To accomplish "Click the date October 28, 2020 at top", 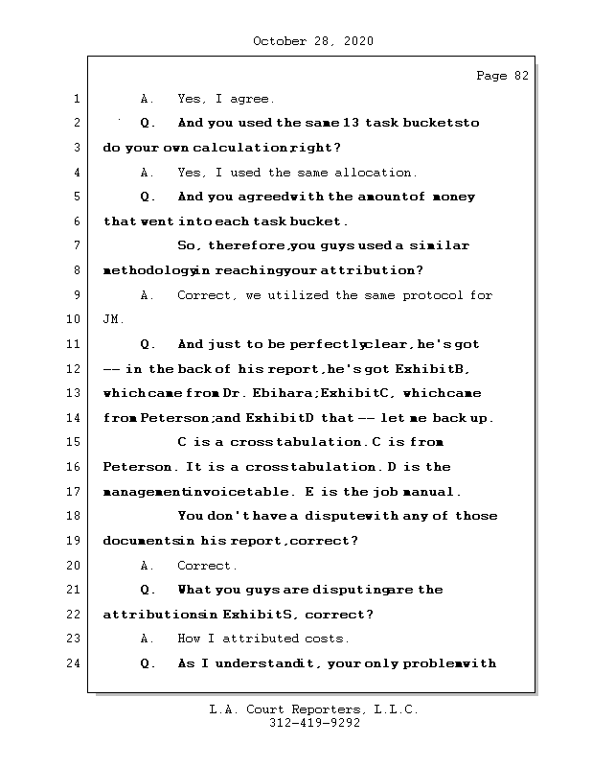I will coord(313,41).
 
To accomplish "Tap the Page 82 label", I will coord(502,77).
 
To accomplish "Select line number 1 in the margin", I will coord(76,99).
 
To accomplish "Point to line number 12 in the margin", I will coord(76,369).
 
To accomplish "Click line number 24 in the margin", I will coord(76,663).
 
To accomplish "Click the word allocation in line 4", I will coord(375,173).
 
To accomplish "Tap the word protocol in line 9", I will coord(435,295).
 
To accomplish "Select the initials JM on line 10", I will coord(112,319).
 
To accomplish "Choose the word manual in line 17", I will coord(436,492).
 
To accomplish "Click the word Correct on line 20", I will coord(207,566).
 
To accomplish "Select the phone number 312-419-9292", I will coord(313,724).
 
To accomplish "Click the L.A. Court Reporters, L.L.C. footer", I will coord(313,710).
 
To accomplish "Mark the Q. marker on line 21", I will coord(148,590).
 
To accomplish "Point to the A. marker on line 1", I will coord(148,99).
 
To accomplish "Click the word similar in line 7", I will coord(442,245).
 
